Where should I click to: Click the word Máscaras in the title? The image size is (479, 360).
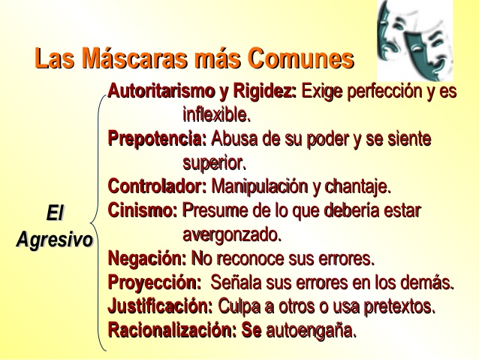pyautogui.click(x=134, y=58)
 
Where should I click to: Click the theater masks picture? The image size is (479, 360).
pyautogui.click(x=415, y=41)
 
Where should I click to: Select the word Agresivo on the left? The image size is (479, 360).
pyautogui.click(x=54, y=239)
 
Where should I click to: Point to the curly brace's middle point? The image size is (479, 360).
pyautogui.click(x=91, y=222)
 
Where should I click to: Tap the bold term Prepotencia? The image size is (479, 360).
pyautogui.click(x=158, y=139)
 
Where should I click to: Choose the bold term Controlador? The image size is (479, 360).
pyautogui.click(x=158, y=186)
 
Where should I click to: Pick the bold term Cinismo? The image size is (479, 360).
pyautogui.click(x=143, y=210)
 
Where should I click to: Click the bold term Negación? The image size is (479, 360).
pyautogui.click(x=147, y=259)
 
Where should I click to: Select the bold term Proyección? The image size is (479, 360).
pyautogui.click(x=155, y=283)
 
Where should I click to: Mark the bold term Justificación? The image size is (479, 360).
pyautogui.click(x=160, y=306)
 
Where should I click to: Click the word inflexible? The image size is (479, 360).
pyautogui.click(x=216, y=115)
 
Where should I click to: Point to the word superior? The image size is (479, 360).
pyautogui.click(x=215, y=163)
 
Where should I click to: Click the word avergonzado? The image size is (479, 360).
pyautogui.click(x=232, y=235)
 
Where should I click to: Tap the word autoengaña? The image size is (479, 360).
pyautogui.click(x=312, y=331)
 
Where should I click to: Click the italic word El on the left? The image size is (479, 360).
pyautogui.click(x=55, y=213)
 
